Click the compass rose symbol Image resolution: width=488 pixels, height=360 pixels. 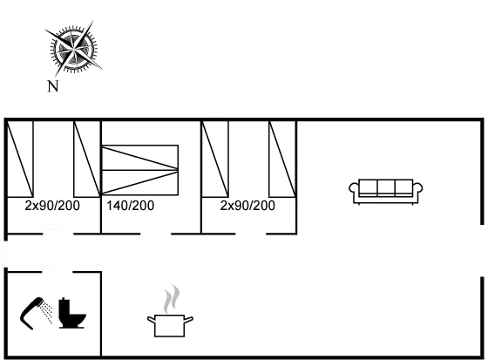click(x=74, y=49)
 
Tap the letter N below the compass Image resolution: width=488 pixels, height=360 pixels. click(x=53, y=86)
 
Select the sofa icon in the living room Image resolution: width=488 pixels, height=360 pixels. click(x=386, y=192)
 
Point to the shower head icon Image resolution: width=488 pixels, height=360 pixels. click(x=35, y=313)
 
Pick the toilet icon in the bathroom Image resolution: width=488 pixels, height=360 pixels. click(x=72, y=313)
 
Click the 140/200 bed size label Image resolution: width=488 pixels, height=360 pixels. click(x=131, y=206)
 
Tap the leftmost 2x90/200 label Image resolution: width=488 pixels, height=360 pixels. click(x=52, y=206)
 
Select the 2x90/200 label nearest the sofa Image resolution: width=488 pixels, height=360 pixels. click(x=247, y=206)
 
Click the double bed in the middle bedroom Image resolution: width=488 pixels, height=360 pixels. click(x=140, y=170)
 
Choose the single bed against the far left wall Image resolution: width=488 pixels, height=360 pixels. click(x=20, y=159)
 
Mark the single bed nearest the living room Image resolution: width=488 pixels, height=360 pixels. click(x=282, y=159)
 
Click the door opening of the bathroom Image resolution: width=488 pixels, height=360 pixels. click(x=58, y=272)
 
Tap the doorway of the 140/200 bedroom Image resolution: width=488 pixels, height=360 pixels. click(x=156, y=234)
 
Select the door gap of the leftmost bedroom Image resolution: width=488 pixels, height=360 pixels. click(x=58, y=234)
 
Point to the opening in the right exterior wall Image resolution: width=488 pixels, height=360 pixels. click(x=482, y=250)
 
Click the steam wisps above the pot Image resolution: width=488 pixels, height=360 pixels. click(x=172, y=298)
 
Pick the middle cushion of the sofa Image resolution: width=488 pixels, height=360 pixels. click(x=386, y=187)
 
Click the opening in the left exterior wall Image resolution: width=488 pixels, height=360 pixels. click(x=5, y=254)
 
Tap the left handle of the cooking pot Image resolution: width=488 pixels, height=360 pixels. click(x=151, y=320)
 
